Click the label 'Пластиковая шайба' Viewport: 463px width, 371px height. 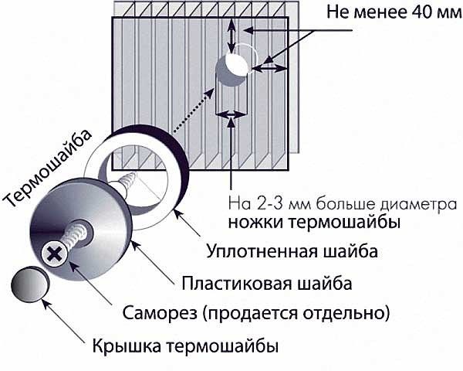pos(267,284)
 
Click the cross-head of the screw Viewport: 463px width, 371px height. pos(56,252)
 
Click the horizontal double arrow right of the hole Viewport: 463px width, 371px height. pos(269,69)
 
